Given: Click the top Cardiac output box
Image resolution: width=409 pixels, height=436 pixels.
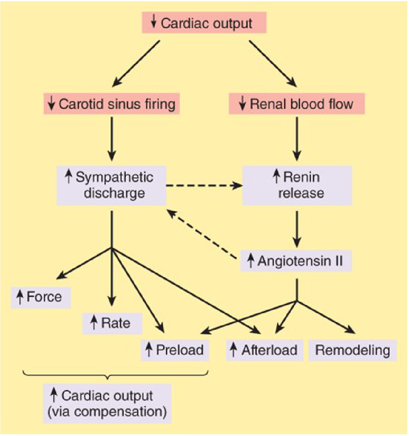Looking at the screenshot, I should [x=204, y=23].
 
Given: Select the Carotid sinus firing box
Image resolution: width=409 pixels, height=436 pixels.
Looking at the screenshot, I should [x=112, y=104].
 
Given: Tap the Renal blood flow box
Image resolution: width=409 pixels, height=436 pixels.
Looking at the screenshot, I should [x=297, y=104].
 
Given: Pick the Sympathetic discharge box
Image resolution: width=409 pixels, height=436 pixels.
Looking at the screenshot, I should [x=111, y=185].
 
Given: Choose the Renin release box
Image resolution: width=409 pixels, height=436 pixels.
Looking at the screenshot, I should [x=297, y=185].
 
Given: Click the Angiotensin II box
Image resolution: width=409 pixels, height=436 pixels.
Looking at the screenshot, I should [x=296, y=261].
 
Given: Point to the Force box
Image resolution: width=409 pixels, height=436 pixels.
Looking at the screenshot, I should [x=41, y=297].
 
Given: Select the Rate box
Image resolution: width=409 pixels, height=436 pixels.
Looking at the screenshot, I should [x=112, y=323].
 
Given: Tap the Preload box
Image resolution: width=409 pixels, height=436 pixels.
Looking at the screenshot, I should [x=175, y=350].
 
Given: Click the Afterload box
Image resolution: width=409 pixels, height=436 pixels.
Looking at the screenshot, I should [x=264, y=350].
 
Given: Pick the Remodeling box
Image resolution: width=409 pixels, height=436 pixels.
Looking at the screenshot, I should [x=352, y=350].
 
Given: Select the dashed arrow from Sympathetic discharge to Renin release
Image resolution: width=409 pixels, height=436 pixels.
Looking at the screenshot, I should [x=204, y=185].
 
